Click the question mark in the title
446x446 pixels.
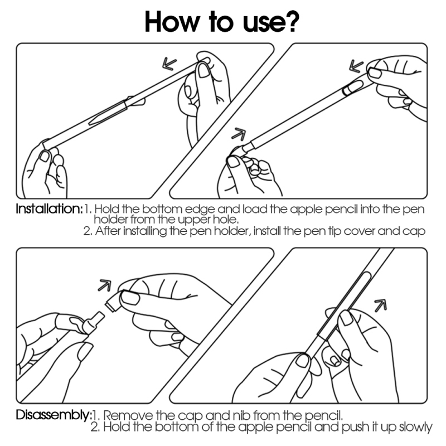coord(290,21)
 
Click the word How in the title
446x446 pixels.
coord(172,22)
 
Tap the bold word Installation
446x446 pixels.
coord(49,209)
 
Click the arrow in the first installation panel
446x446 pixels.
coord(169,64)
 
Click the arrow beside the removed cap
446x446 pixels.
coord(105,285)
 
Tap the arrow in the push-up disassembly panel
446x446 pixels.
coord(381,305)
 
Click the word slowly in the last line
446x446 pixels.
coord(416,427)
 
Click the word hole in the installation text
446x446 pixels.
coord(226,220)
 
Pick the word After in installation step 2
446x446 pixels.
coord(108,231)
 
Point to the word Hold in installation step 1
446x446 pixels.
coord(106,210)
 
